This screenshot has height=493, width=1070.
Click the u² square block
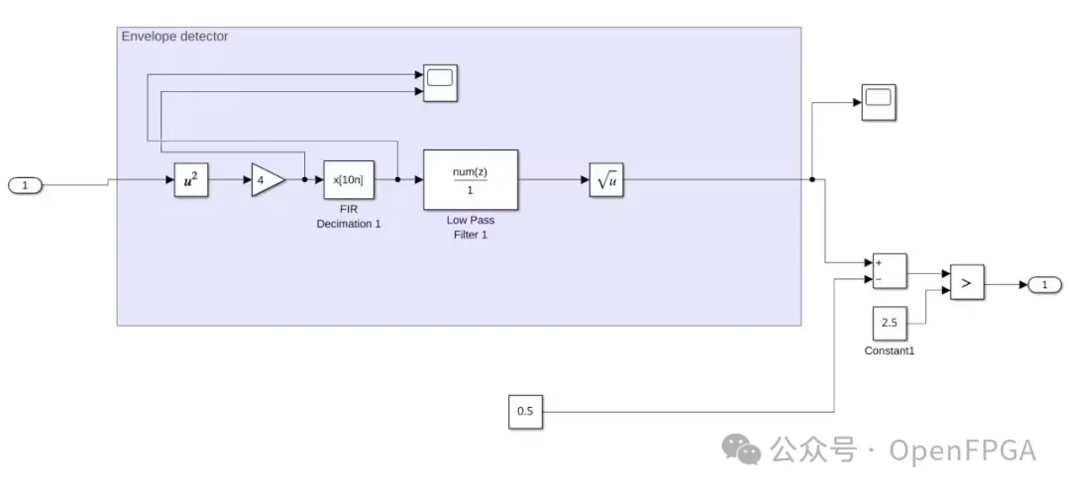pyautogui.click(x=191, y=180)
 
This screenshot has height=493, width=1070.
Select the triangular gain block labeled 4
pyautogui.click(x=267, y=180)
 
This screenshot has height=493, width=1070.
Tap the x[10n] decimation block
pyautogui.click(x=349, y=180)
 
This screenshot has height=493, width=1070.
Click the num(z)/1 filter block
pyautogui.click(x=471, y=179)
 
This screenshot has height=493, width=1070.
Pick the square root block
pyautogui.click(x=605, y=180)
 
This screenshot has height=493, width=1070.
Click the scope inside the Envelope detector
pyautogui.click(x=439, y=81)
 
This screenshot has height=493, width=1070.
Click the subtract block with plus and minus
pyautogui.click(x=889, y=270)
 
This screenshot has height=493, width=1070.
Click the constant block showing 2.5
pyautogui.click(x=889, y=323)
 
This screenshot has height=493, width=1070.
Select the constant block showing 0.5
pyautogui.click(x=526, y=412)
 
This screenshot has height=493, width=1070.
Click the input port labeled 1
pyautogui.click(x=26, y=185)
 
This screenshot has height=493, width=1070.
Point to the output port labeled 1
pyautogui.click(x=1044, y=285)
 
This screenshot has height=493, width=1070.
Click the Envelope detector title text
pyautogui.click(x=174, y=37)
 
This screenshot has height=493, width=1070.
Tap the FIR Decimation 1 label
pyautogui.click(x=349, y=217)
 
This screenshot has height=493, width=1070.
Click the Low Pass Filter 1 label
pyautogui.click(x=471, y=227)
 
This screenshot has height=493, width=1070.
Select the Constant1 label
pyautogui.click(x=889, y=350)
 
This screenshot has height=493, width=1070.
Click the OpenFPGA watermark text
pyautogui.click(x=962, y=451)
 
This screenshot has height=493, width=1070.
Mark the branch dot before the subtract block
pyautogui.click(x=812, y=180)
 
